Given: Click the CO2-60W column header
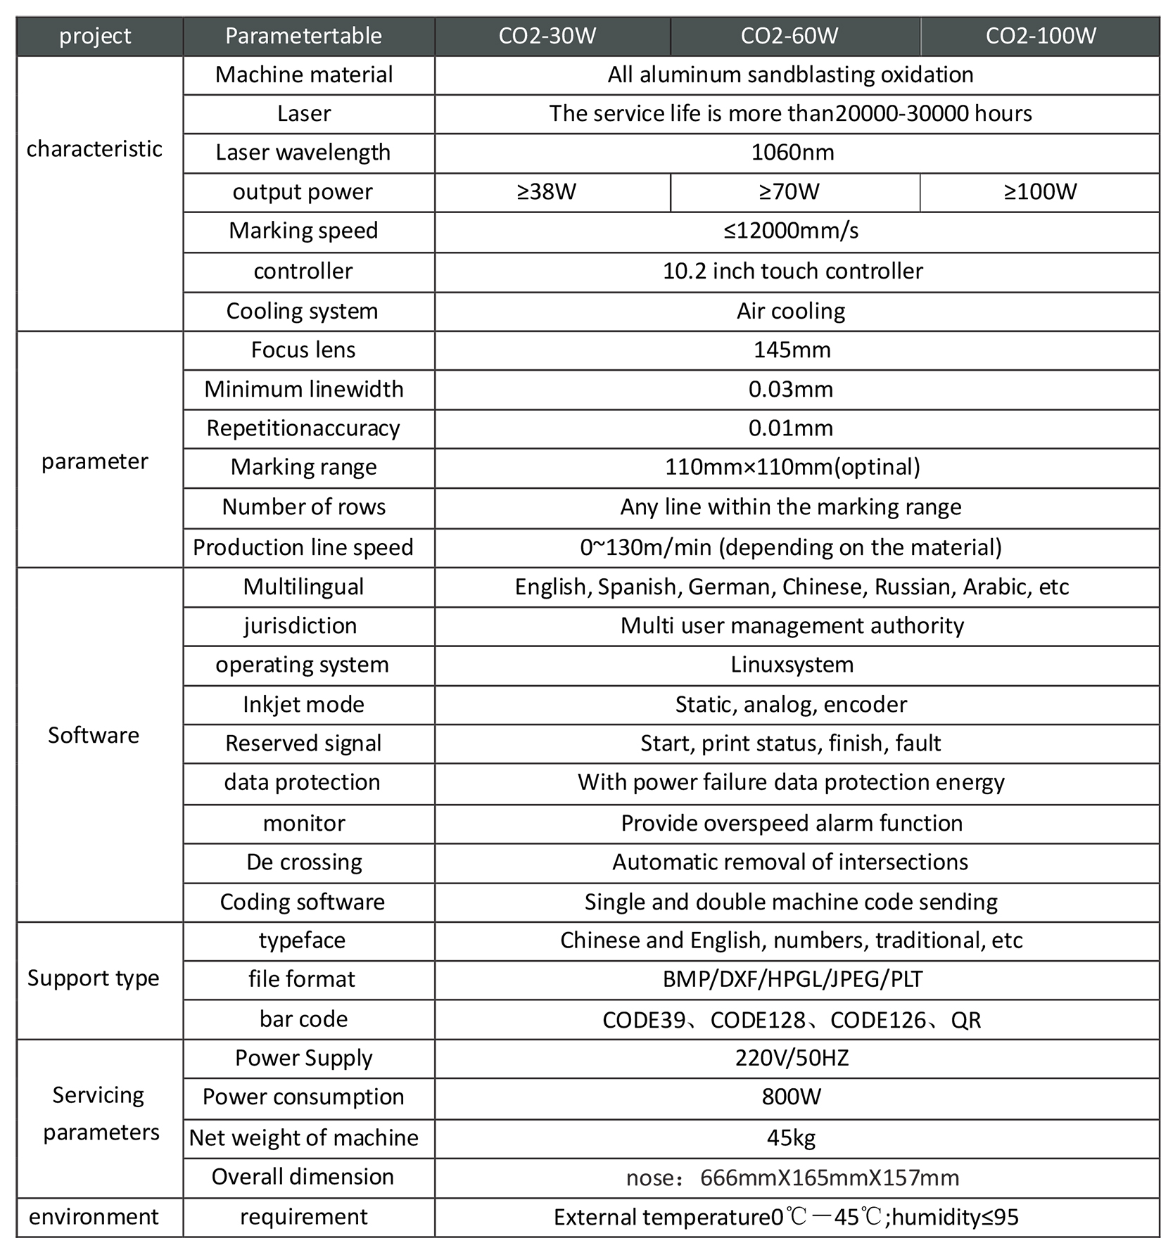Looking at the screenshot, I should tap(789, 36).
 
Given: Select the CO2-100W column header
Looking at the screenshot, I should tap(1041, 36).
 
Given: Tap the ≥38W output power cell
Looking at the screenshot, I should tap(547, 192).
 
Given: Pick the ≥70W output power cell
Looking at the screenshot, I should tap(789, 192).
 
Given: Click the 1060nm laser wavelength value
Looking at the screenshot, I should tap(792, 153).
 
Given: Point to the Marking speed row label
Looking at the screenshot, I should tap(303, 231).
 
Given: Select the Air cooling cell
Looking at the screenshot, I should tap(791, 311).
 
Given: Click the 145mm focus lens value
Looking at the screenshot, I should tap(792, 350).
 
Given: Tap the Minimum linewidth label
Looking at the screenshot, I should tap(304, 390).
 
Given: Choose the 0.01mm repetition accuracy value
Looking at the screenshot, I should tap(791, 428).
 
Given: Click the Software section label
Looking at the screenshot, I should tap(94, 736).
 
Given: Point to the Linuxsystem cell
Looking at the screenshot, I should tap(792, 665).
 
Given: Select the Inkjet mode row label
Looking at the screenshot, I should tap(303, 705).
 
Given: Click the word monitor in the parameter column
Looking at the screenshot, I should tap(304, 824).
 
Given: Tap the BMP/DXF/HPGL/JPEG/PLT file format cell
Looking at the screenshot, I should tap(792, 979).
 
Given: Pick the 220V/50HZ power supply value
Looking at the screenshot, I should tap(792, 1058).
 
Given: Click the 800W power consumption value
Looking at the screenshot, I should tap(791, 1097).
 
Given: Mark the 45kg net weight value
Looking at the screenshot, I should tap(791, 1138).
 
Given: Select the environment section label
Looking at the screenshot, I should tap(94, 1217).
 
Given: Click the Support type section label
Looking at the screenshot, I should tap(94, 978).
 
